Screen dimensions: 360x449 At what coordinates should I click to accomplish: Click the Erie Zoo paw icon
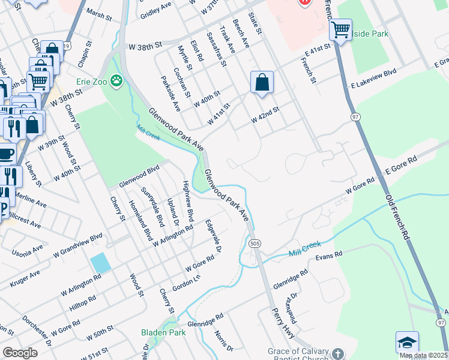click(x=116, y=80)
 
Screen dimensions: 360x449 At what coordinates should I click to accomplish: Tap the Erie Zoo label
click(x=91, y=80)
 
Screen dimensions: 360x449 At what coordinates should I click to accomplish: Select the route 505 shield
click(x=254, y=242)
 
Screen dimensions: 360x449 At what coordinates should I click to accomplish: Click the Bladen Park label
click(x=163, y=332)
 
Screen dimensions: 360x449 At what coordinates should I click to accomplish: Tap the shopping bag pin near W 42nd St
click(x=262, y=83)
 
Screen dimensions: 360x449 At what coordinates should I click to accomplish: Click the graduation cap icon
click(x=407, y=343)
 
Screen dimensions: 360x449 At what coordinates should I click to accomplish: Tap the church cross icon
click(x=338, y=353)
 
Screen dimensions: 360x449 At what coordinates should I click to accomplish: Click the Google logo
click(x=20, y=353)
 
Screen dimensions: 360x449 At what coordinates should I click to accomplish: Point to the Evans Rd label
click(x=329, y=255)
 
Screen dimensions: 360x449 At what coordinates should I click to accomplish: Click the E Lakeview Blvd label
click(x=375, y=74)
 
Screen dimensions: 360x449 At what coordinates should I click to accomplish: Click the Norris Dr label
click(x=223, y=340)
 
